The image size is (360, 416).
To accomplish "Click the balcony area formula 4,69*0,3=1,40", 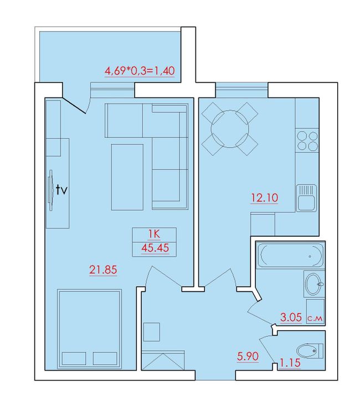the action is [x=140, y=71].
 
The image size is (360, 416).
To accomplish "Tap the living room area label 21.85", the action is [x=103, y=270].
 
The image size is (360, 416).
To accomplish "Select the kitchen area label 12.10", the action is [x=264, y=197].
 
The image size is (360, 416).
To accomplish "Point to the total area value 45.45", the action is [x=155, y=248].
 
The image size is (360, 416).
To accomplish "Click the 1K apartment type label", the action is [x=154, y=234].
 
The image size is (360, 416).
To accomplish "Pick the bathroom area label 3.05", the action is [x=291, y=317].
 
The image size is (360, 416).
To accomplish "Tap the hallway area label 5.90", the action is [x=248, y=356].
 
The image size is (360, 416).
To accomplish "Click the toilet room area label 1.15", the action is [x=290, y=362].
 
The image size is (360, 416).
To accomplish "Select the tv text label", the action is [x=61, y=190].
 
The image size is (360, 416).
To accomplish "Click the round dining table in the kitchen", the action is [x=230, y=129].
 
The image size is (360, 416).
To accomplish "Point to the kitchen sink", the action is [x=306, y=198].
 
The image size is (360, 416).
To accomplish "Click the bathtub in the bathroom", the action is [x=290, y=255].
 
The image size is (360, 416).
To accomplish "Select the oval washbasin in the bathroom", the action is [x=313, y=284].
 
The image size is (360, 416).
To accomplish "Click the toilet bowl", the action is [x=310, y=351].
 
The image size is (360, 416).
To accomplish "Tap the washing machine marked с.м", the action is [x=315, y=311].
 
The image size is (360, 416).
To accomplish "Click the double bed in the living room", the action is [x=90, y=329].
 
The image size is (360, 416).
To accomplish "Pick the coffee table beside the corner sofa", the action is [x=127, y=177].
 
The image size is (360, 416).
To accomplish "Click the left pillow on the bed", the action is [x=74, y=358].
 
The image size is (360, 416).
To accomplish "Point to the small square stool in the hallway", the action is [x=152, y=332].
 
